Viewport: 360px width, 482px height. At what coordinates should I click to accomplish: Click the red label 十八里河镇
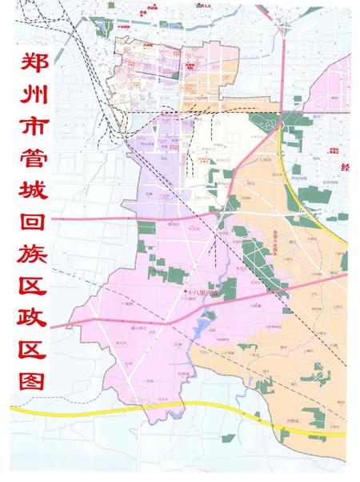pyautogui.click(x=204, y=293)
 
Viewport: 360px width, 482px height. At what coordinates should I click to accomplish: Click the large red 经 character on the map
pyautogui.click(x=346, y=168)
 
